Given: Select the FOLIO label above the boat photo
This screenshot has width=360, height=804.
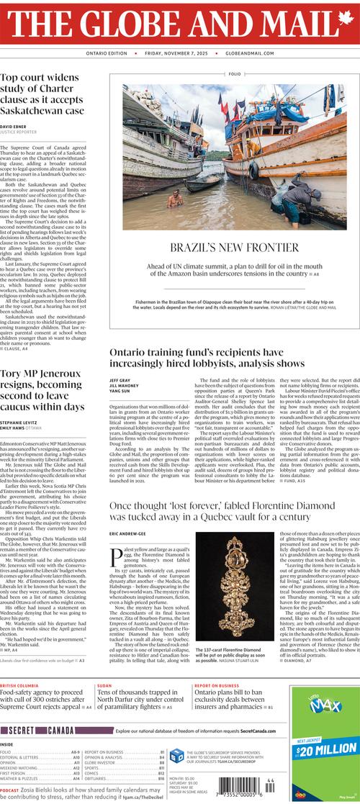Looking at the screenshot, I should (235, 74).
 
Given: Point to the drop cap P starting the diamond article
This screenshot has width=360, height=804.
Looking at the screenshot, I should (115, 554).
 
